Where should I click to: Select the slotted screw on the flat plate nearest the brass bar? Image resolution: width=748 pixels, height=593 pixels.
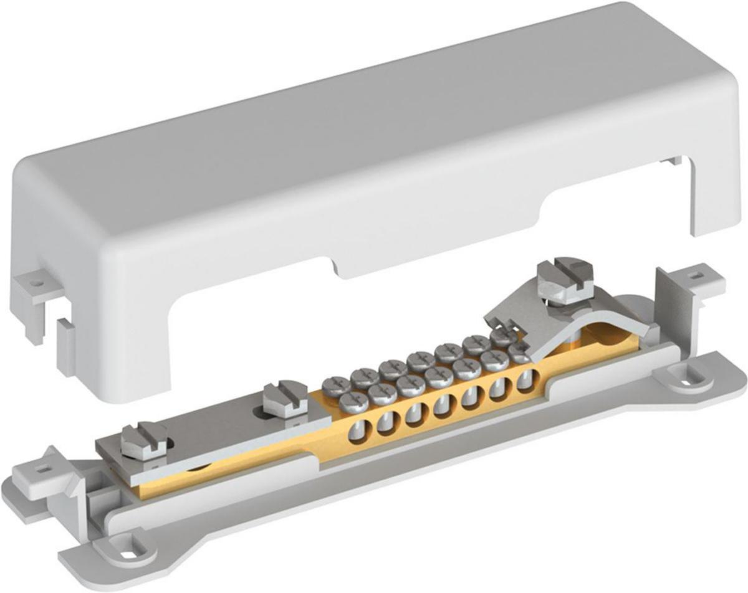tap(284, 399)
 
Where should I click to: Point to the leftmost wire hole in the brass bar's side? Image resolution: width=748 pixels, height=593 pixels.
tap(359, 431)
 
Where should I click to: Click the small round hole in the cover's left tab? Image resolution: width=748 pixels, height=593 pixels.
tap(37, 282)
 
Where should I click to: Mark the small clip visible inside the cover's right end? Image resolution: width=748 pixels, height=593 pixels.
tap(673, 161)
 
